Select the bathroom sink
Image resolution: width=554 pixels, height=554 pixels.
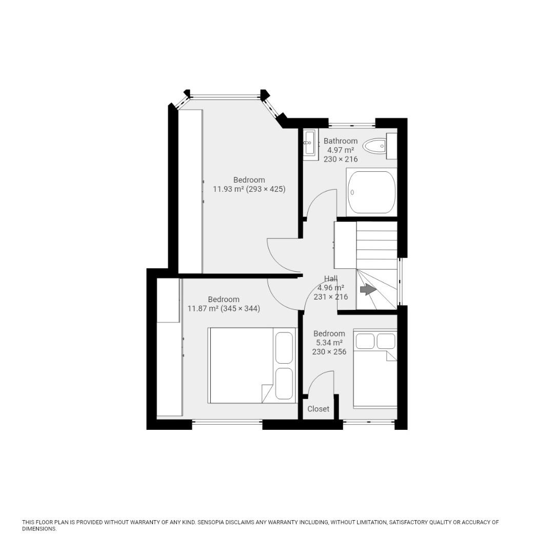pyautogui.click(x=309, y=144)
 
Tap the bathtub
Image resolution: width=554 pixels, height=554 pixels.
pyautogui.click(x=371, y=192)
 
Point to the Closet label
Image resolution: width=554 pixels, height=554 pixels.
pyautogui.click(x=318, y=409)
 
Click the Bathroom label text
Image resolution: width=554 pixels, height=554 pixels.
pyautogui.click(x=340, y=141)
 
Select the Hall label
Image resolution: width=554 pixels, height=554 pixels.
pyautogui.click(x=331, y=279)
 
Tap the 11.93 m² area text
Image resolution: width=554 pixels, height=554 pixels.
pyautogui.click(x=228, y=189)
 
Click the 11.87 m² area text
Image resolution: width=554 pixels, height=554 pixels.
pyautogui.click(x=203, y=309)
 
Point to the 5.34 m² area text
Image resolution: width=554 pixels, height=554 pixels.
pyautogui.click(x=329, y=343)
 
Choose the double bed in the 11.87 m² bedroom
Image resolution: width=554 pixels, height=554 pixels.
pyautogui.click(x=251, y=365)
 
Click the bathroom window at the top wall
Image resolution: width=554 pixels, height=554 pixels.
pyautogui.click(x=352, y=124)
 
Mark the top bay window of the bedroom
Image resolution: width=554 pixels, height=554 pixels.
pyautogui.click(x=225, y=96)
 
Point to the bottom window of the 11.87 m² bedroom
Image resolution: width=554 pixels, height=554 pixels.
pyautogui.click(x=227, y=422)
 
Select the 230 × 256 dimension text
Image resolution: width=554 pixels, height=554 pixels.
pyautogui.click(x=329, y=352)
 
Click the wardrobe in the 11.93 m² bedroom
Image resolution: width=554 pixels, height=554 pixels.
pyautogui.click(x=190, y=191)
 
